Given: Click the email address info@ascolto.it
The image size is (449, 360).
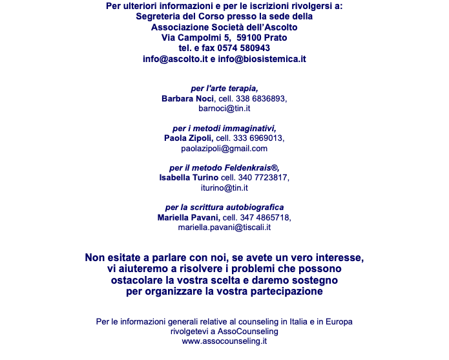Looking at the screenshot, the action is (175, 59).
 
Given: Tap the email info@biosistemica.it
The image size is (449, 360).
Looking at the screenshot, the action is (262, 59).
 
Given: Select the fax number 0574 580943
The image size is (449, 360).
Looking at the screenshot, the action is (244, 48).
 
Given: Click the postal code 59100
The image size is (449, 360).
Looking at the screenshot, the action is (249, 37).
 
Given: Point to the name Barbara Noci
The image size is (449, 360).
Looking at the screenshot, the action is (187, 98).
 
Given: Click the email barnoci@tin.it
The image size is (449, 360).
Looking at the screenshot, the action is (225, 109).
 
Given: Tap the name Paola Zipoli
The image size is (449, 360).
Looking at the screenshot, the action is (188, 138).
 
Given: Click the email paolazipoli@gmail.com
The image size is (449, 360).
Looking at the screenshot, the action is (224, 149).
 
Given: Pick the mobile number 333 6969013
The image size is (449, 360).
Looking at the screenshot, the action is (257, 138).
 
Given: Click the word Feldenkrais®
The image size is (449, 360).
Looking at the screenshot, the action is (251, 168).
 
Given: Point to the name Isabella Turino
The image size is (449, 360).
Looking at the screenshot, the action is (189, 178).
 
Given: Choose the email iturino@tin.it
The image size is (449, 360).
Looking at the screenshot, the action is (224, 188).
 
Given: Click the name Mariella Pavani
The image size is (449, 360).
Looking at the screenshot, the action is (188, 218).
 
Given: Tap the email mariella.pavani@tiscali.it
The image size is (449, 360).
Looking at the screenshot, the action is (224, 228).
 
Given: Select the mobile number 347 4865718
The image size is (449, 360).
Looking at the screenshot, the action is (264, 218).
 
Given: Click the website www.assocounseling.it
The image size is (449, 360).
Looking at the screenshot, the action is (224, 341).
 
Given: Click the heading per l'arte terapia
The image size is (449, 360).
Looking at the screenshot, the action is (224, 89).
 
